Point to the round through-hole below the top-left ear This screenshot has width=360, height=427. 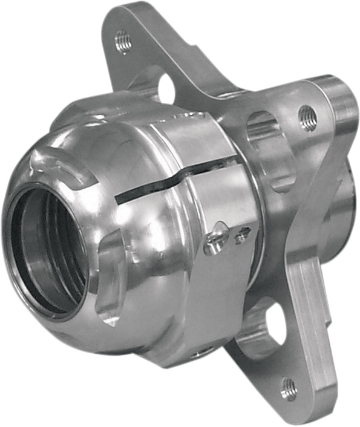(166, 89)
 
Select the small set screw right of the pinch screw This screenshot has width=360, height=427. (243, 233)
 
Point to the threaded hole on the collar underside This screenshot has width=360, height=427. (199, 353)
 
